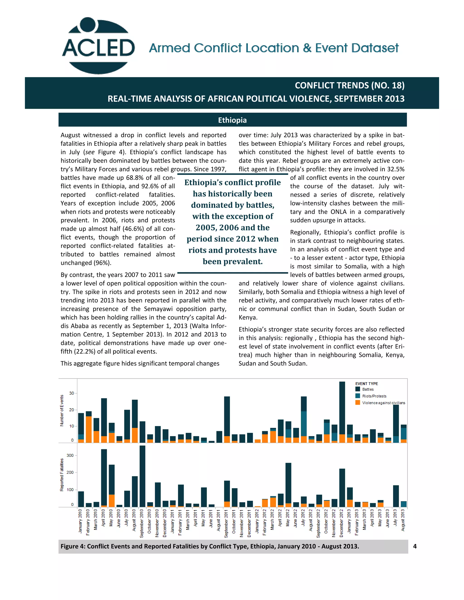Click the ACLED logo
click(x=98, y=46)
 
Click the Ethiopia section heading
click(x=232, y=120)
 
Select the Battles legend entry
click(x=367, y=389)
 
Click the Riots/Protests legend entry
click(x=374, y=396)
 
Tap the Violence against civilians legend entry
click(x=383, y=403)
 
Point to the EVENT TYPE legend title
click(x=366, y=384)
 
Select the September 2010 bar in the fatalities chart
click(x=142, y=477)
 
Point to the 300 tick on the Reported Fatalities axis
click(x=70, y=455)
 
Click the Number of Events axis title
click(x=62, y=410)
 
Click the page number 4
click(x=415, y=546)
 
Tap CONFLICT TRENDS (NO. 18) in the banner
click(x=349, y=85)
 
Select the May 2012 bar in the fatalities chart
click(x=288, y=485)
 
